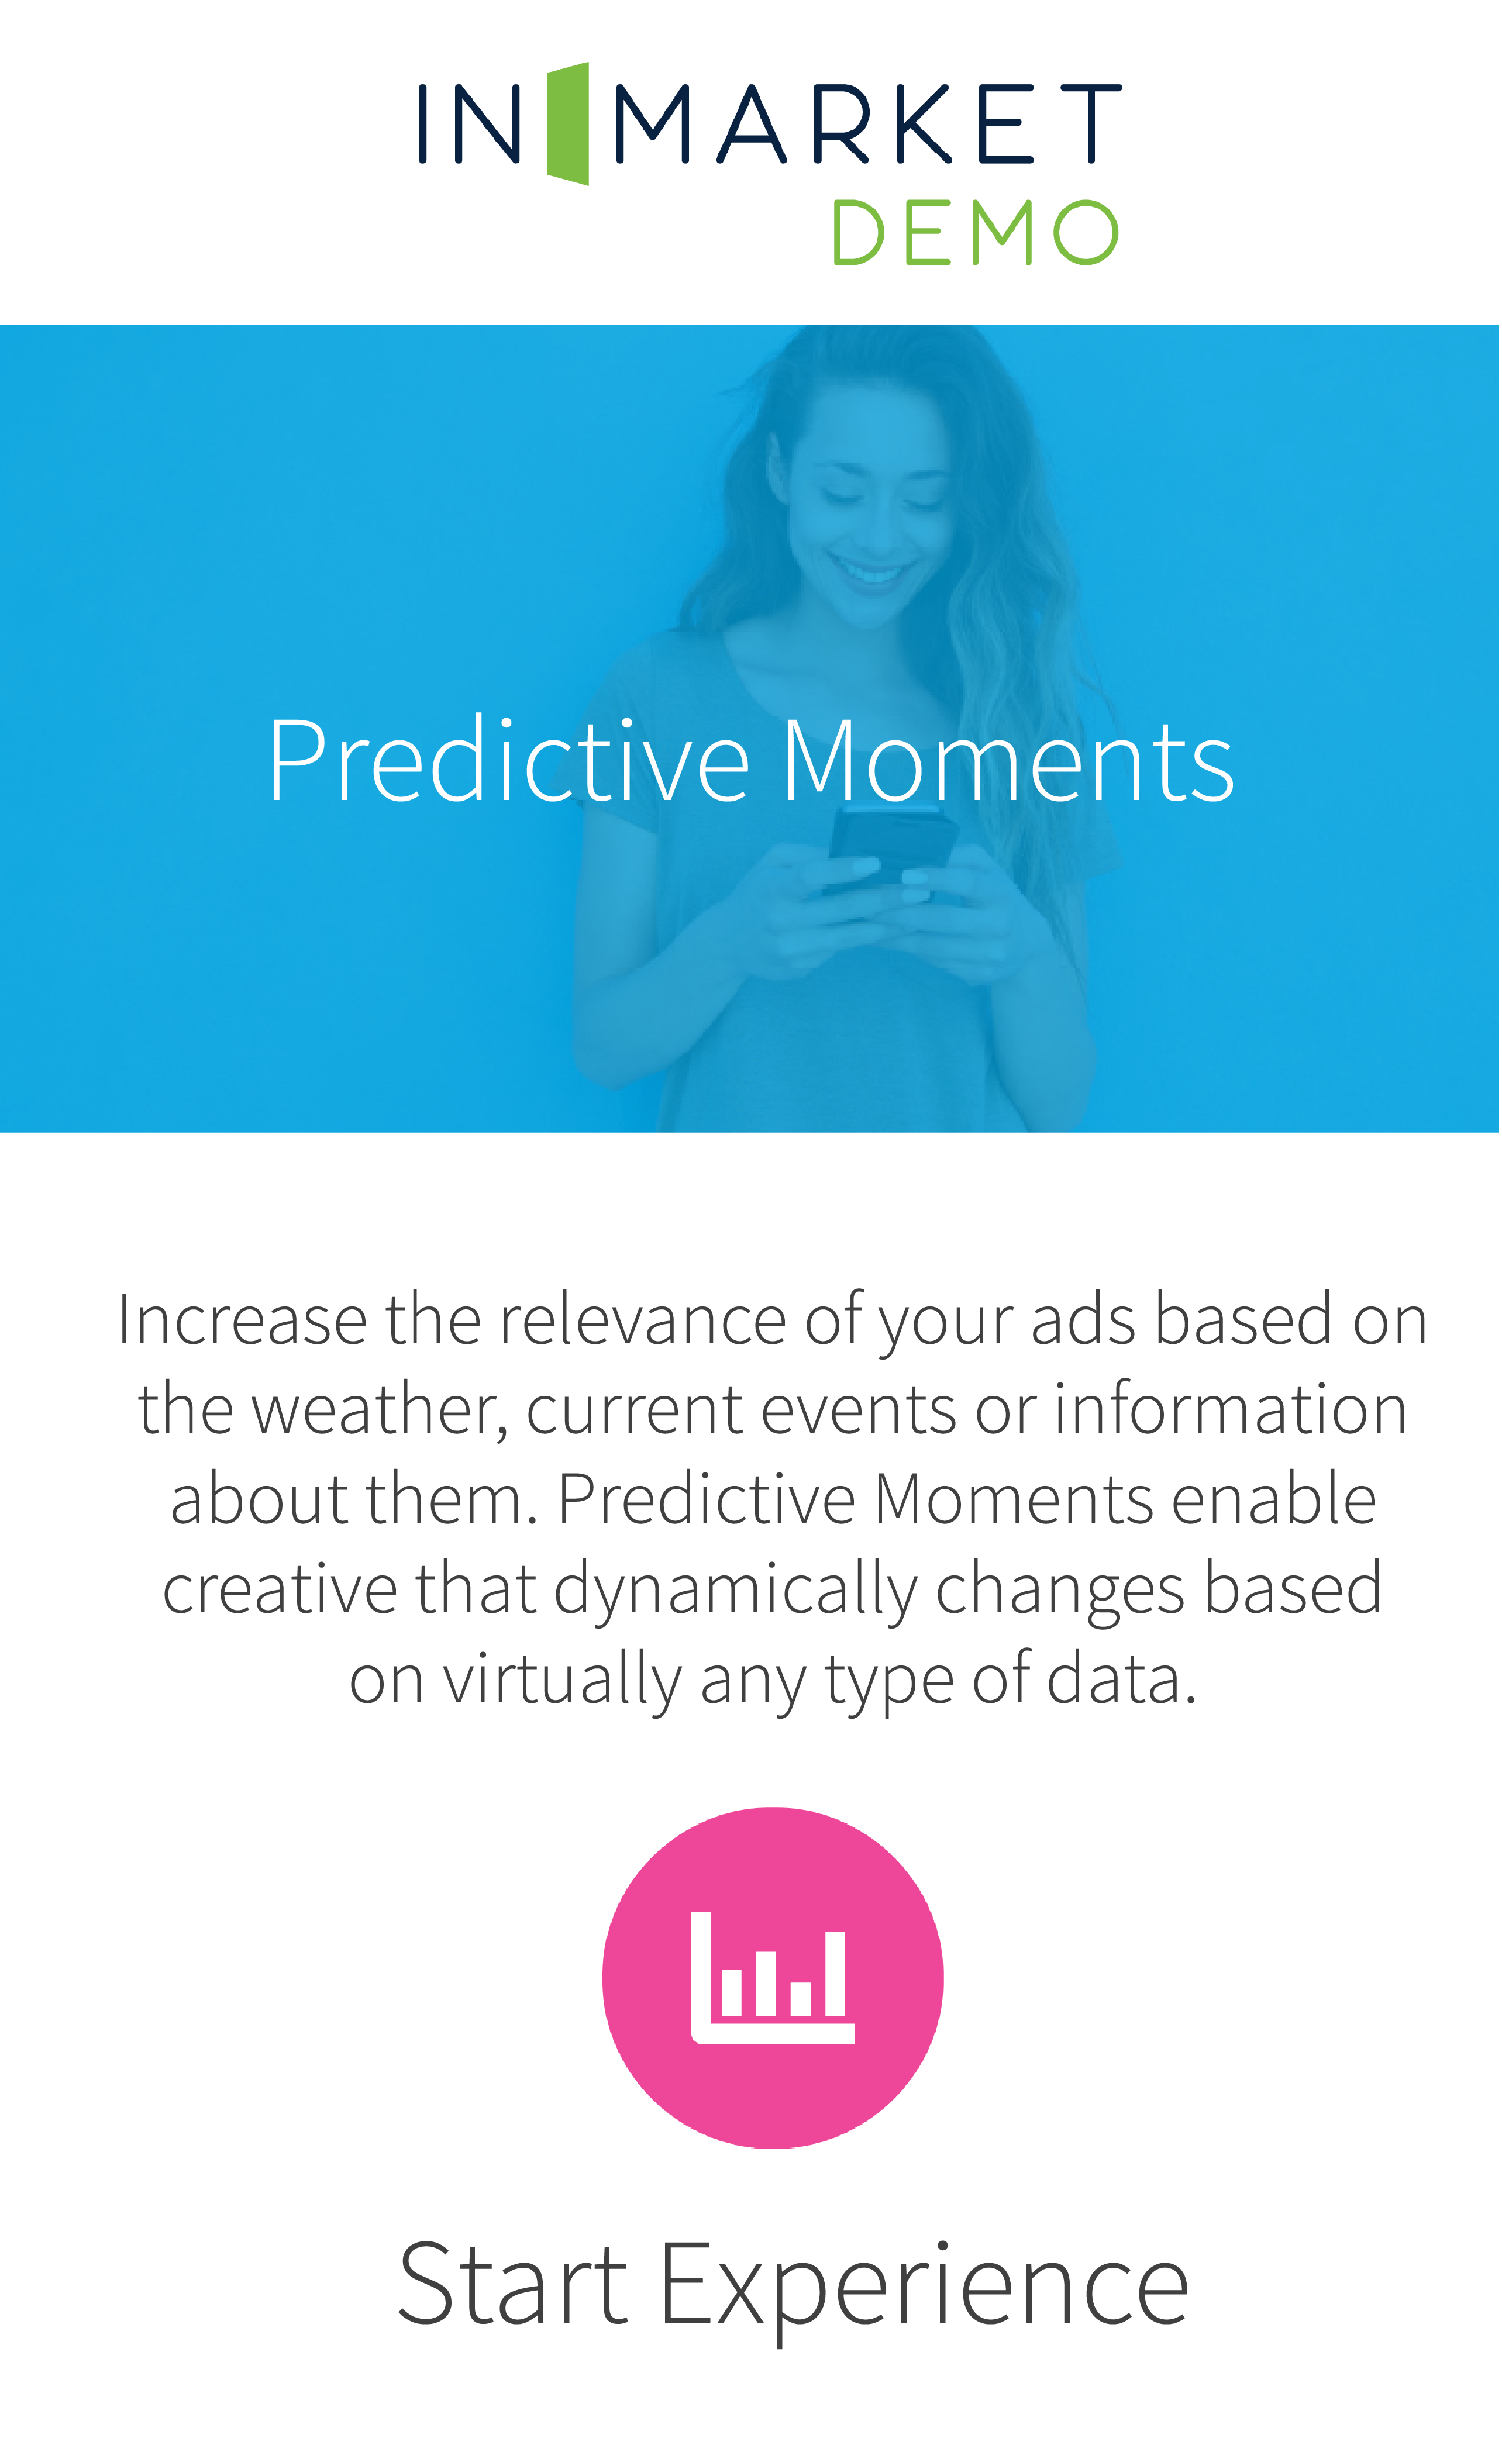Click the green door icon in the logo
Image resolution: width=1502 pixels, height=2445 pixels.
coord(568,123)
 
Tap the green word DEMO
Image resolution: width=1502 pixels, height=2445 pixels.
coord(976,232)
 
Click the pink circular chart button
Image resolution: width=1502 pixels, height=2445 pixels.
coord(772,1977)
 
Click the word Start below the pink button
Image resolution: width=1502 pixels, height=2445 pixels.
coord(512,2284)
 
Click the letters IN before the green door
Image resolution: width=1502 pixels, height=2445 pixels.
coord(470,123)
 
